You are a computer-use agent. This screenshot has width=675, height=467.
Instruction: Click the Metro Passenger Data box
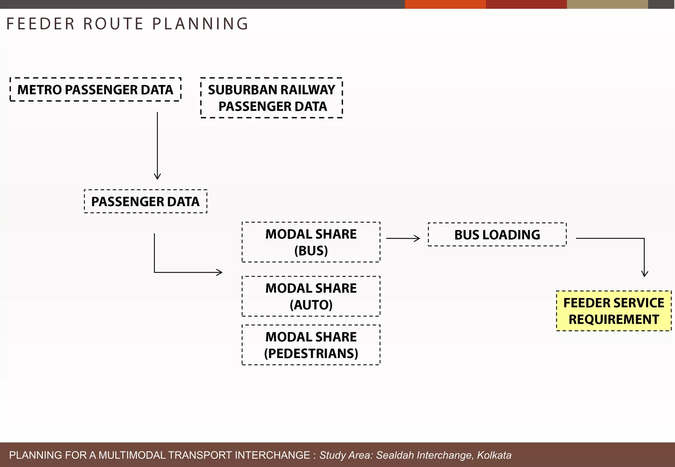pyautogui.click(x=95, y=90)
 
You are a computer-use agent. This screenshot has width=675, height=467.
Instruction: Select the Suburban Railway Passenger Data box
pyautogui.click(x=271, y=98)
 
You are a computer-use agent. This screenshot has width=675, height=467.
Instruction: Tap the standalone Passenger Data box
pyautogui.click(x=145, y=201)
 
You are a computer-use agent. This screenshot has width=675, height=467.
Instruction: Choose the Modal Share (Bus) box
pyautogui.click(x=311, y=242)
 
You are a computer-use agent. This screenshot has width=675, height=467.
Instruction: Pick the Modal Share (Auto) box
pyautogui.click(x=311, y=296)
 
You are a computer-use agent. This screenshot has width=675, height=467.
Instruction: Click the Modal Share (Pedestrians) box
pyautogui.click(x=311, y=345)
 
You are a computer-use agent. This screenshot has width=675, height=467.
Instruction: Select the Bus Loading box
pyautogui.click(x=497, y=234)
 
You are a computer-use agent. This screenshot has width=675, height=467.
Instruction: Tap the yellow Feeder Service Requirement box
pyautogui.click(x=613, y=311)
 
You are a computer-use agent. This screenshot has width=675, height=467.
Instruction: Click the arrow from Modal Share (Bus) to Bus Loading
pyautogui.click(x=403, y=238)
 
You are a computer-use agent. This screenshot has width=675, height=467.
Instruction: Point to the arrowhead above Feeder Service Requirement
pyautogui.click(x=645, y=274)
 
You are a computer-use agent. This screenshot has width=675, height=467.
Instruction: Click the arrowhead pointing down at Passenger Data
pyautogui.click(x=157, y=177)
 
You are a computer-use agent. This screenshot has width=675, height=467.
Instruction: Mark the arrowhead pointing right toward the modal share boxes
pyautogui.click(x=220, y=272)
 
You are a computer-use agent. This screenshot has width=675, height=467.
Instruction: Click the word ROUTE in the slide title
pyautogui.click(x=113, y=24)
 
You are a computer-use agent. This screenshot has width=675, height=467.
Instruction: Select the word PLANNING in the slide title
pyautogui.click(x=200, y=24)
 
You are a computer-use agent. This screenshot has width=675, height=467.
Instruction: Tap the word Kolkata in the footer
pyautogui.click(x=494, y=455)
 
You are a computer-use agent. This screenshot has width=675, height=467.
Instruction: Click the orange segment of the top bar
pyautogui.click(x=445, y=4)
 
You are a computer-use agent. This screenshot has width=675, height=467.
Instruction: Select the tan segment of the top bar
pyautogui.click(x=607, y=4)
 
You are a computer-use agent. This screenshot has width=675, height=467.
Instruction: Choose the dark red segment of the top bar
pyautogui.click(x=526, y=4)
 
